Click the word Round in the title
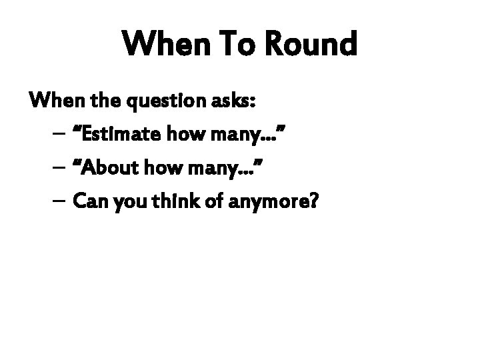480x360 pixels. [310, 45]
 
